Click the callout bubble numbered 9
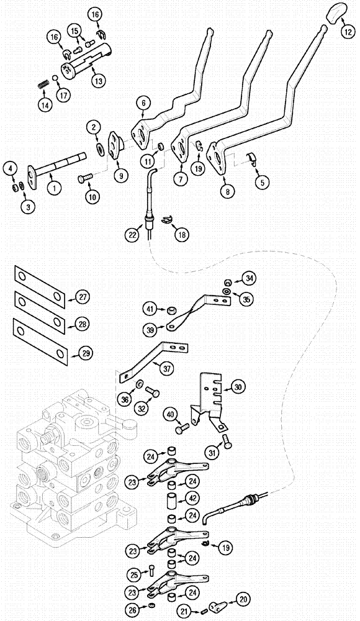click(120, 176)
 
